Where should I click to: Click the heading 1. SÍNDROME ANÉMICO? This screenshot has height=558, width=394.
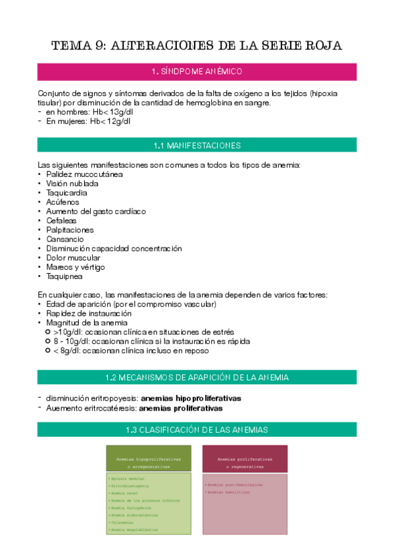pyautogui.click(x=197, y=71)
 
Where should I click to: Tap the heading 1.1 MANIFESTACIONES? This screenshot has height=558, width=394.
pyautogui.click(x=197, y=145)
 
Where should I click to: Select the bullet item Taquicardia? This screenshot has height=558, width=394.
pyautogui.click(x=68, y=193)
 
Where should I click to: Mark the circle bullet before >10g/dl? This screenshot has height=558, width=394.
pyautogui.click(x=47, y=332)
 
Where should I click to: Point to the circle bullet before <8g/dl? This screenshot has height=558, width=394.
pyautogui.click(x=47, y=351)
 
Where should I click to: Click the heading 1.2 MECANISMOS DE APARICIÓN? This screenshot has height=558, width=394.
pyautogui.click(x=197, y=377)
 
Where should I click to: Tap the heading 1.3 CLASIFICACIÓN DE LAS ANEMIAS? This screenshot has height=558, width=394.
pyautogui.click(x=197, y=430)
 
